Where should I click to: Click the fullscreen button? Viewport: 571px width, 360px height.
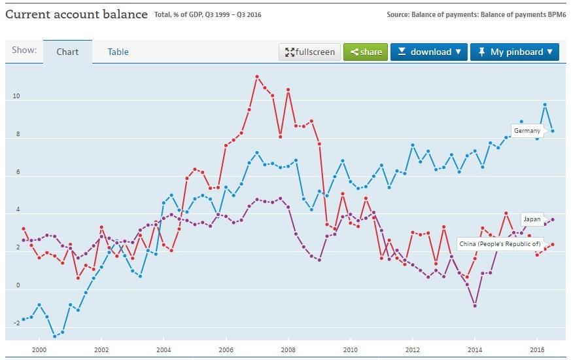[x=309, y=52]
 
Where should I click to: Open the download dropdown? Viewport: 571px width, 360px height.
[x=428, y=52]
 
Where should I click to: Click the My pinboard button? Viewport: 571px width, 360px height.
[x=514, y=52]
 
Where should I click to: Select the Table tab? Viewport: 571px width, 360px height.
[x=118, y=52]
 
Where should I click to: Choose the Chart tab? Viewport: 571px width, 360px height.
[x=67, y=52]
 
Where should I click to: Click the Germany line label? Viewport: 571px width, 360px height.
[x=527, y=131]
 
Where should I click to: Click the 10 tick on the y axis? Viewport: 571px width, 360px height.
[x=16, y=97]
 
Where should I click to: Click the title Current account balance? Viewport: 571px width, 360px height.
[x=76, y=14]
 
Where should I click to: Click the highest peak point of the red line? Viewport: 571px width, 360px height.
[x=257, y=77]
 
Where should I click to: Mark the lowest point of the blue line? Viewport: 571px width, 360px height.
[x=54, y=336]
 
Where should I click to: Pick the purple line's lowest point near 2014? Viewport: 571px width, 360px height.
[x=475, y=306]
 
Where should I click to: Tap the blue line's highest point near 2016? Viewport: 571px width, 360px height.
[x=545, y=105]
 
